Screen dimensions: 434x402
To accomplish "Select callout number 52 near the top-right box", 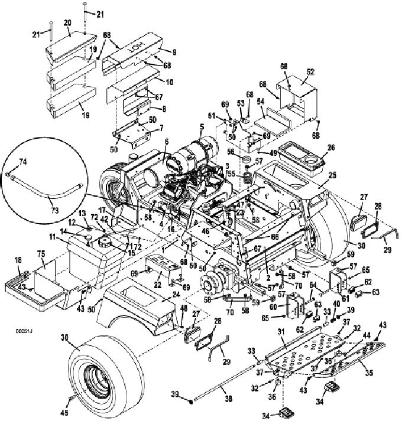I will [x=310, y=71].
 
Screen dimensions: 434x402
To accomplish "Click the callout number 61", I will [x=345, y=282].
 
